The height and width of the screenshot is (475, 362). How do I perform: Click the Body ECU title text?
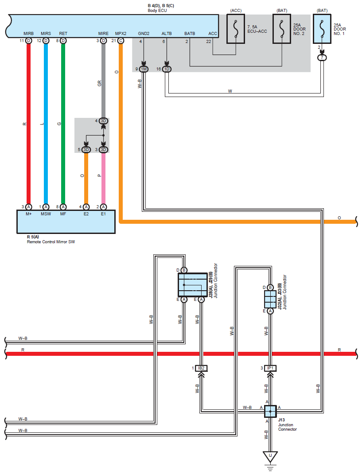[157, 11]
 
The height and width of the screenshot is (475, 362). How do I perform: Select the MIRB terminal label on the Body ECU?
[28, 34]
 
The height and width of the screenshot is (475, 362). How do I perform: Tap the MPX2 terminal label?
[121, 34]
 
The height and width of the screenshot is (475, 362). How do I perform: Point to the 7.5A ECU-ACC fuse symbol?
[236, 29]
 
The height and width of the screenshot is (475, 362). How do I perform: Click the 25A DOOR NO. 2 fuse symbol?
[282, 29]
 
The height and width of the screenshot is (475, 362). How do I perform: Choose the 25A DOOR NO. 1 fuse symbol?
[322, 29]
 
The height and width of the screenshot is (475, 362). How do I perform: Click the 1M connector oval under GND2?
[144, 69]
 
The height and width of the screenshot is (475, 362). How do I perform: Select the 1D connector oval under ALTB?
[167, 69]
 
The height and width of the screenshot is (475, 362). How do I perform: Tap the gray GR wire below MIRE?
[103, 81]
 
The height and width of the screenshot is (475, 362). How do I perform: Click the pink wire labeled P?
[103, 178]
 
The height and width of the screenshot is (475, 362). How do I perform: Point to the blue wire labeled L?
[46, 124]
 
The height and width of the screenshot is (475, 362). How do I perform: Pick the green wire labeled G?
[63, 124]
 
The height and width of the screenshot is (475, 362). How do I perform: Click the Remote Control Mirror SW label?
[51, 242]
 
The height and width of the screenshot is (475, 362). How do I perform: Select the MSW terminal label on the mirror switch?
[46, 214]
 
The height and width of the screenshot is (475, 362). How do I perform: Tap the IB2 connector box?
[201, 368]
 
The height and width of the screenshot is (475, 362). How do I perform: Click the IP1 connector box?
[270, 368]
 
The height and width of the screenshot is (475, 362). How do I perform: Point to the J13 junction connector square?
[270, 411]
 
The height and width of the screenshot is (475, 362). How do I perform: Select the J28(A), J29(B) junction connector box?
[193, 285]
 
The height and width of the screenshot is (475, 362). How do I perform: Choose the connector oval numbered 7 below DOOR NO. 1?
[322, 58]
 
